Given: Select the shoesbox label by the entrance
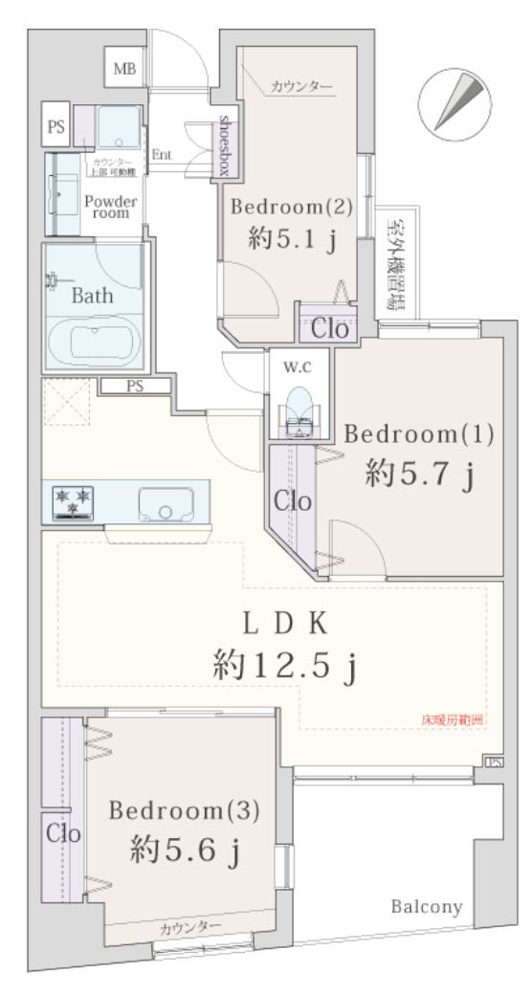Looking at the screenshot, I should coord(226,145).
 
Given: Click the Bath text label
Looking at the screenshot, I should coord(92,295).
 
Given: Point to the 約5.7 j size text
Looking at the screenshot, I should coord(419,473).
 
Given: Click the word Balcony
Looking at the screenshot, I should coord(426,907).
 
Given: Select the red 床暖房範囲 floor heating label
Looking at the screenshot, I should coord(453,719).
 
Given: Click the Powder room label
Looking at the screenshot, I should coord(112,206).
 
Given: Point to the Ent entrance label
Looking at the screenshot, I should coord(161,154).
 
